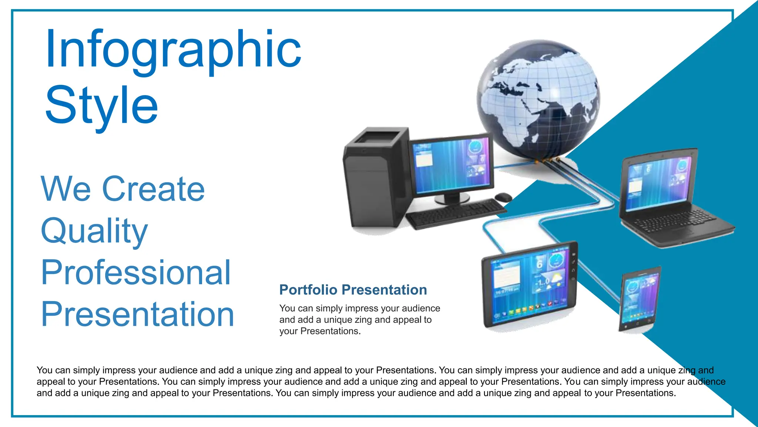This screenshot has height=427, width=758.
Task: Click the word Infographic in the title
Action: coord(173,50)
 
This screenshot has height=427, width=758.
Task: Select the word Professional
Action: coord(136,273)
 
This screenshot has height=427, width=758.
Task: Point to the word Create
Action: coord(153,189)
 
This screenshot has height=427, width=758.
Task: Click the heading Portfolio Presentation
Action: coord(353,290)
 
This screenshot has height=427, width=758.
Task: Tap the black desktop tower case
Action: coord(374,178)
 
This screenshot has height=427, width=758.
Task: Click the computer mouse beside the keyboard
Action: coord(503,197)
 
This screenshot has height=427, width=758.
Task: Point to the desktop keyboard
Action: coord(455,213)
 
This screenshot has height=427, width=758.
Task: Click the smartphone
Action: coord(639,298)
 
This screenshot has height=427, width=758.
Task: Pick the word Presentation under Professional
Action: coord(137,314)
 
